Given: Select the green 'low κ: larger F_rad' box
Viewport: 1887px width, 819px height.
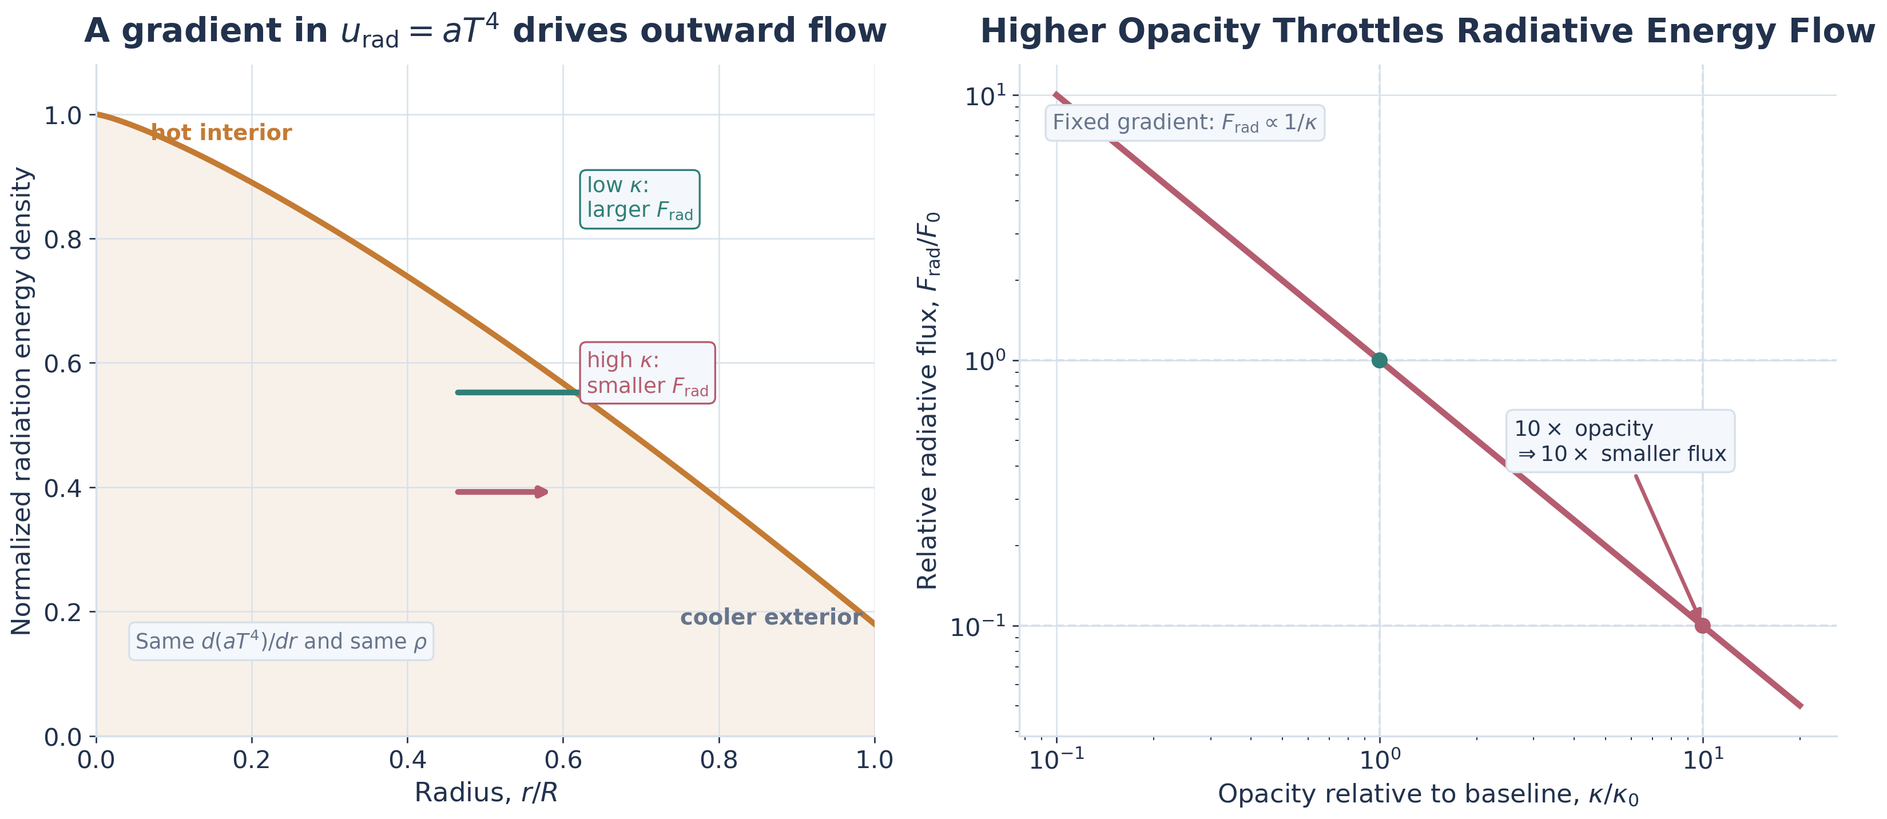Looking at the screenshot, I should coord(639,199).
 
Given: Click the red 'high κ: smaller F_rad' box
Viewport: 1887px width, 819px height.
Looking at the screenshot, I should coord(647,373).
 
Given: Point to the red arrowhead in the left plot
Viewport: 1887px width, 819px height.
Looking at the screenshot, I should coord(541,491).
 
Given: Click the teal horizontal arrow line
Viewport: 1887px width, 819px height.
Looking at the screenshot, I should coord(513,393).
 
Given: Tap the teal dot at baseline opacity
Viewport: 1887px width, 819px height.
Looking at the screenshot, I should coord(1379,360).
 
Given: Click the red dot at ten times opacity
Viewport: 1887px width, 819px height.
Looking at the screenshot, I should coord(1702,626).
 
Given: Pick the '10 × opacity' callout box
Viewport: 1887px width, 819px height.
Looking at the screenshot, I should coord(1620,441).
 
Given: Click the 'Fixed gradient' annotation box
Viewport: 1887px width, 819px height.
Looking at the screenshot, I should coord(1184,123).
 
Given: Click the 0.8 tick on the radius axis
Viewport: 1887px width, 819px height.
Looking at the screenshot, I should coord(718,760).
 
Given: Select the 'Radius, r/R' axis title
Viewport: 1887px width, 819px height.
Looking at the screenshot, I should coord(486,793).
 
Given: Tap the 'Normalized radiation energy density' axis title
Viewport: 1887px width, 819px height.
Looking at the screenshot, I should coord(22,401).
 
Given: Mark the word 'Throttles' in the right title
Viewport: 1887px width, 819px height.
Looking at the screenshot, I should coord(1357,31).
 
